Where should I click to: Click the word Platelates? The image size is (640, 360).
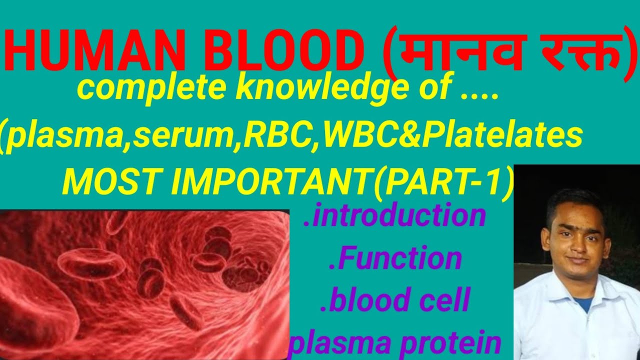click(x=502, y=135)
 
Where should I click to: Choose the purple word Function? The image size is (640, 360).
click(x=395, y=259)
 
